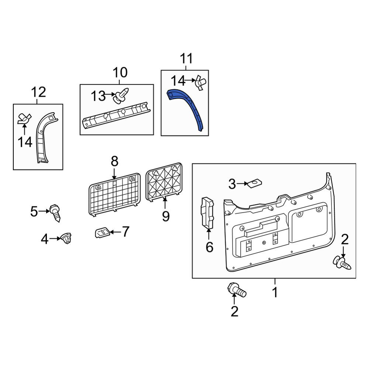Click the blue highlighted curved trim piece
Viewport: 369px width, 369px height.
coord(193,106)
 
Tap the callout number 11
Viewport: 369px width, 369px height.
coord(186,58)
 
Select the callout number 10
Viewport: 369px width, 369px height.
coord(120,72)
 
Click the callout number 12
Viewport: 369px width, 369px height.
coord(38,92)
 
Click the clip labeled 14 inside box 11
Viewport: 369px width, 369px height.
coord(200,83)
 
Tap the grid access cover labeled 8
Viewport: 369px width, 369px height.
coord(115,194)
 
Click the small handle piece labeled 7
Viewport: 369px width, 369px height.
coord(102,232)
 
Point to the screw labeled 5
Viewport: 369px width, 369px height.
coord(55,213)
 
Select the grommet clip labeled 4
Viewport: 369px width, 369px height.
coord(66,238)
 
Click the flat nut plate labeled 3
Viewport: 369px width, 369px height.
coord(255,183)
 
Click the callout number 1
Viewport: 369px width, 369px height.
coord(275,292)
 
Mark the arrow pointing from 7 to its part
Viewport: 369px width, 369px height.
coord(115,232)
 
